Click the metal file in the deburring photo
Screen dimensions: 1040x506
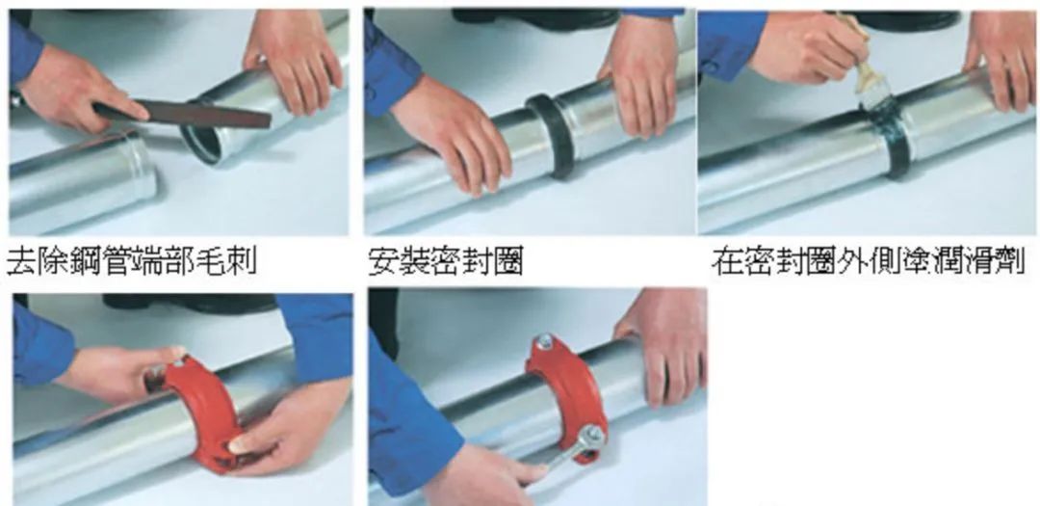182,114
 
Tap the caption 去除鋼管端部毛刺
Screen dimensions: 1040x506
131,261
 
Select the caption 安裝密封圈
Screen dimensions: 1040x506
446,261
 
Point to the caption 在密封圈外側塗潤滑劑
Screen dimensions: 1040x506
869,261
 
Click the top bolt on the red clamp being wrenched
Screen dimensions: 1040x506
544,343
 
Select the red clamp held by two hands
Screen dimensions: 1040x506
202,412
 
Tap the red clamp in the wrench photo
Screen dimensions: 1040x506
567,398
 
